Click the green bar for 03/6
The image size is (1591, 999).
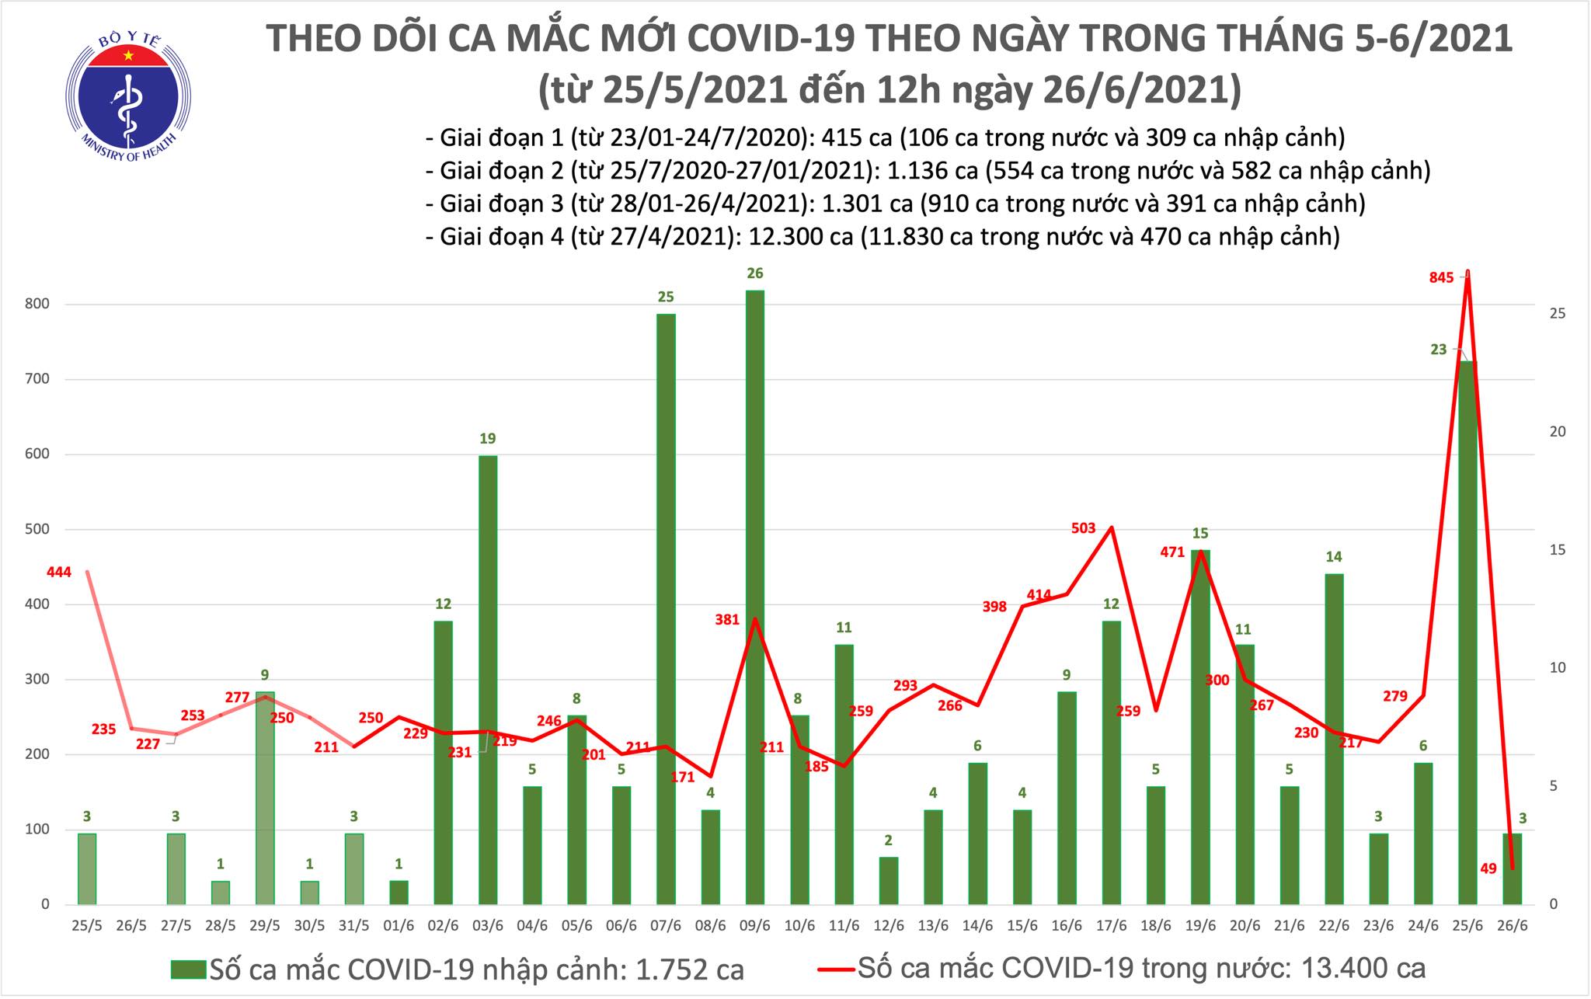[487, 680]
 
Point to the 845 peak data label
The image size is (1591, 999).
[1441, 278]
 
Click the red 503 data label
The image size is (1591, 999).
[1083, 528]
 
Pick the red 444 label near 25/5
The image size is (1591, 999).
[59, 573]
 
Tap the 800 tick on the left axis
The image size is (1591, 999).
[37, 305]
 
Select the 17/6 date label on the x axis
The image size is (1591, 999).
[1111, 927]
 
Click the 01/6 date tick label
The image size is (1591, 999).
[398, 927]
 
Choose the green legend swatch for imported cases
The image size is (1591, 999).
[188, 969]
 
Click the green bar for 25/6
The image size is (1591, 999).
[1467, 632]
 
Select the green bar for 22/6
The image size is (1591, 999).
[1333, 739]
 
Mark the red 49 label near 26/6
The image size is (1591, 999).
[1488, 868]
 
